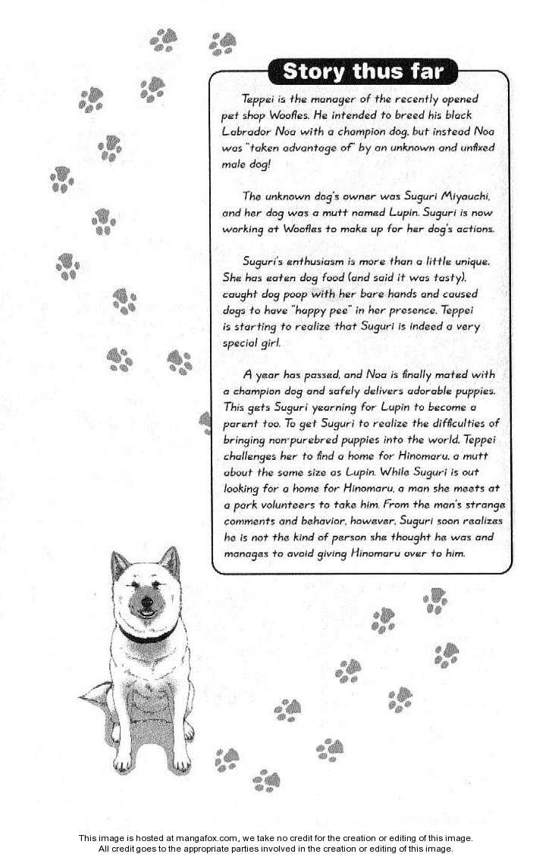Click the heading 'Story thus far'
point(362,72)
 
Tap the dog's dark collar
point(148,634)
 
